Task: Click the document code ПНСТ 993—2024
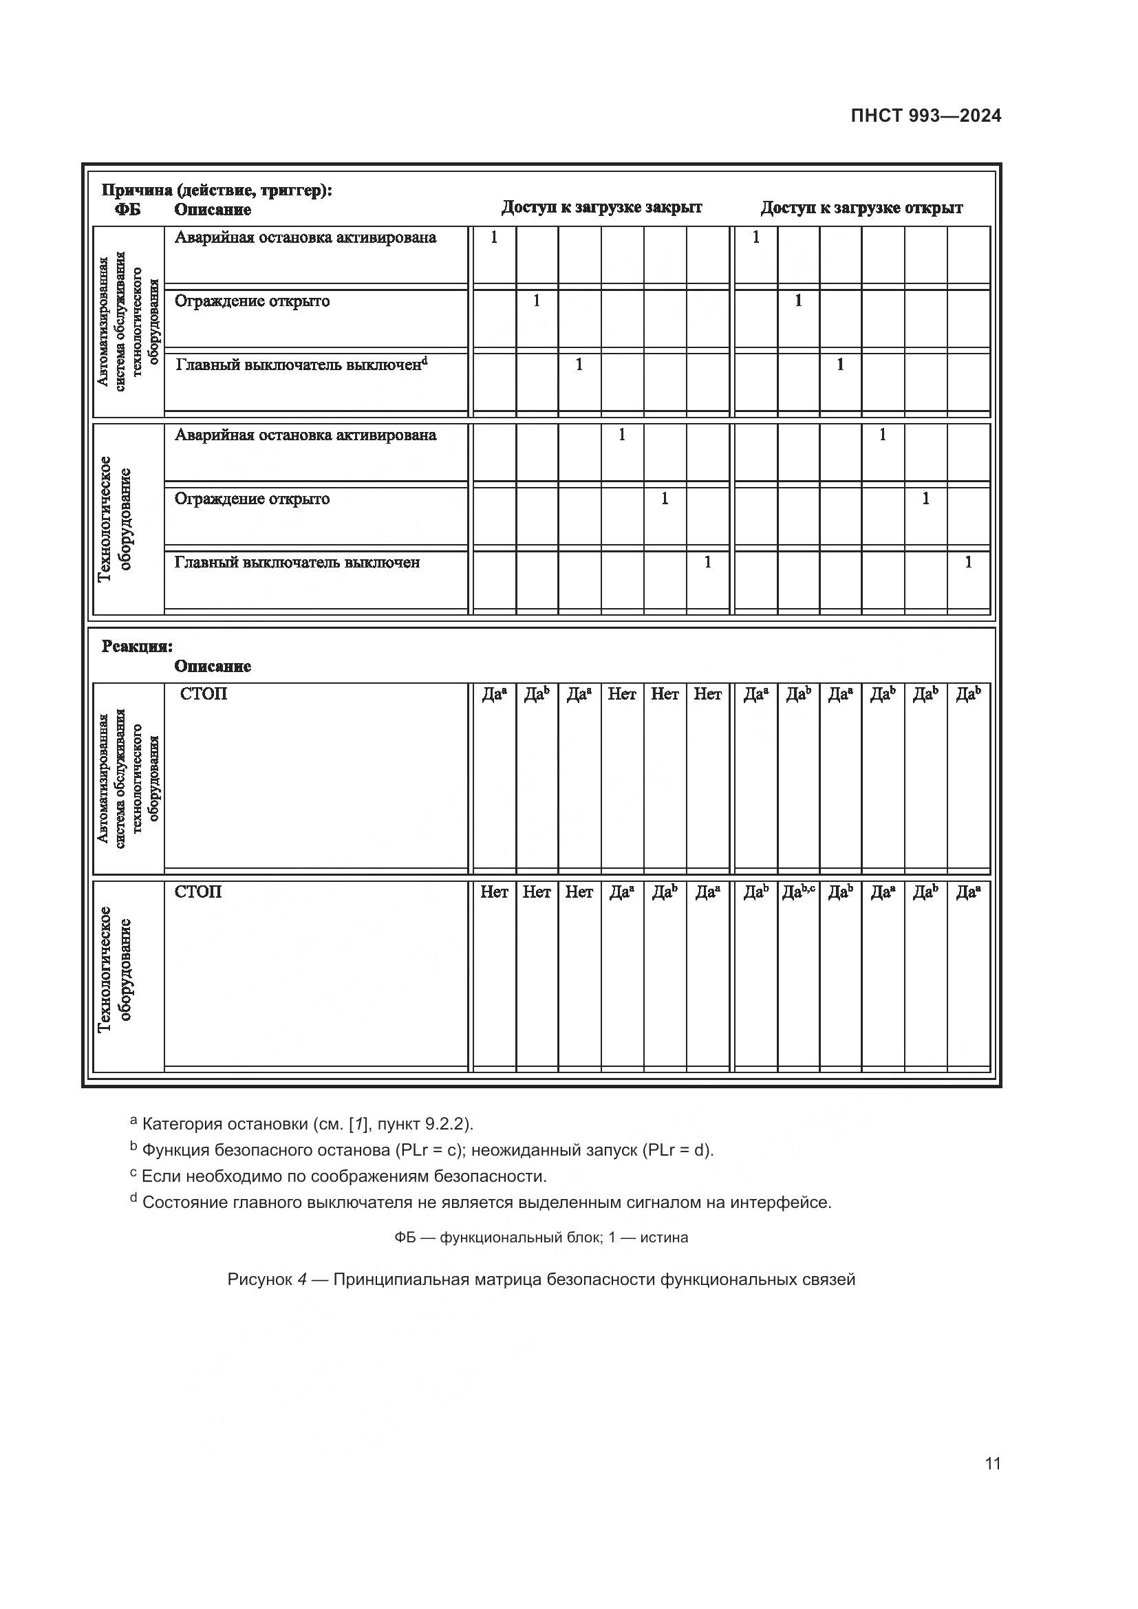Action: [925, 116]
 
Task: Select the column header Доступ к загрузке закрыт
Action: [601, 208]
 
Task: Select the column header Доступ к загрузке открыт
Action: [861, 208]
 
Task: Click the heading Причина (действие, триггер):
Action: [217, 190]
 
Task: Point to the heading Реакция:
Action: [137, 646]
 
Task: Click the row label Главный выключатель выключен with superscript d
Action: [301, 365]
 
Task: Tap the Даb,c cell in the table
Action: [798, 892]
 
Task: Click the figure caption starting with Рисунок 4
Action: [541, 1279]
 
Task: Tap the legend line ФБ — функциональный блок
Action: [541, 1238]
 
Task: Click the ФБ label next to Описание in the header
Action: [127, 210]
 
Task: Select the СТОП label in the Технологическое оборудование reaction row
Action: [197, 892]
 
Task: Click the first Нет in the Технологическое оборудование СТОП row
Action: [494, 892]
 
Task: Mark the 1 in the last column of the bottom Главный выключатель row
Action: [969, 562]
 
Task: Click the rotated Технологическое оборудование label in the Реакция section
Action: [115, 970]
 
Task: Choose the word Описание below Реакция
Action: [213, 667]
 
